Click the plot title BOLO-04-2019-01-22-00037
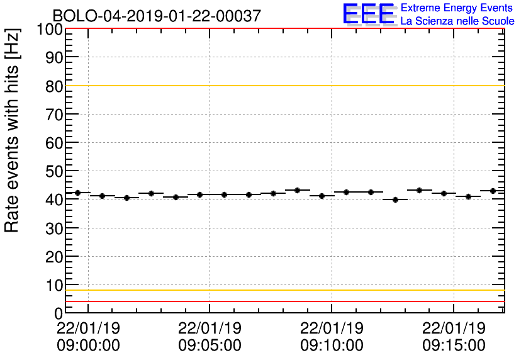[157, 16]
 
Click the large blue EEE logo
[369, 14]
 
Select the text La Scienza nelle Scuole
[457, 21]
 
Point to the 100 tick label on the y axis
[49, 30]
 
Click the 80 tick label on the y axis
[53, 86]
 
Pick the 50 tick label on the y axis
[53, 171]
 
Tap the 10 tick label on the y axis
[53, 285]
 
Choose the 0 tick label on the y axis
[57, 313]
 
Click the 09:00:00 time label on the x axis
[88, 345]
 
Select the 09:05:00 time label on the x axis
[210, 345]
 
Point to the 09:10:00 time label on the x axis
[332, 345]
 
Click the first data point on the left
[77, 193]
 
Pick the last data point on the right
[493, 191]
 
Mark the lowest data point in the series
[395, 200]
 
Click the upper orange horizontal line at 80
[283, 86]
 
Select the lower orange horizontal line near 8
[283, 290]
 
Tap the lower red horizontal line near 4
[283, 301]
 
